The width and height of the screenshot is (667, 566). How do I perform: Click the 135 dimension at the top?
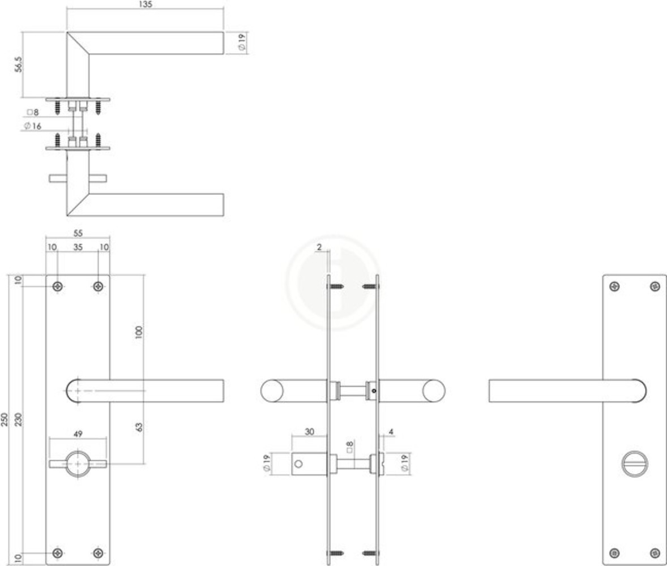click(x=146, y=4)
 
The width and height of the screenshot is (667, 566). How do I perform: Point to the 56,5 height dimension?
click(x=18, y=65)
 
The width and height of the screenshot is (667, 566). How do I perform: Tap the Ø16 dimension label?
click(x=33, y=126)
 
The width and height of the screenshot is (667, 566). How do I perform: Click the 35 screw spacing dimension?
click(x=78, y=247)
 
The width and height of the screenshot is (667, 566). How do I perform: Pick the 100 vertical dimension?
click(x=139, y=332)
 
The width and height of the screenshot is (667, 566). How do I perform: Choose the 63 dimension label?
click(x=139, y=427)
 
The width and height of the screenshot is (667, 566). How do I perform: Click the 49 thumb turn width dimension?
click(x=78, y=434)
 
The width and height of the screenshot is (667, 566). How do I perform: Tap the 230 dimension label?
click(x=18, y=419)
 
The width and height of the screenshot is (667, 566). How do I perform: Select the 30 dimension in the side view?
click(x=309, y=431)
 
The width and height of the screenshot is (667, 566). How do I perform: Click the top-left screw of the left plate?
click(x=58, y=286)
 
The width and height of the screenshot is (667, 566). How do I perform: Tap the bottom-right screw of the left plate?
click(x=99, y=552)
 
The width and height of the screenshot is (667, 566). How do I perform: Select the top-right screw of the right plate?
click(x=655, y=286)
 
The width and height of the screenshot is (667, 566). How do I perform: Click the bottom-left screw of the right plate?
click(x=614, y=552)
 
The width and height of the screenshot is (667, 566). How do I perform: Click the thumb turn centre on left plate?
click(x=78, y=464)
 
